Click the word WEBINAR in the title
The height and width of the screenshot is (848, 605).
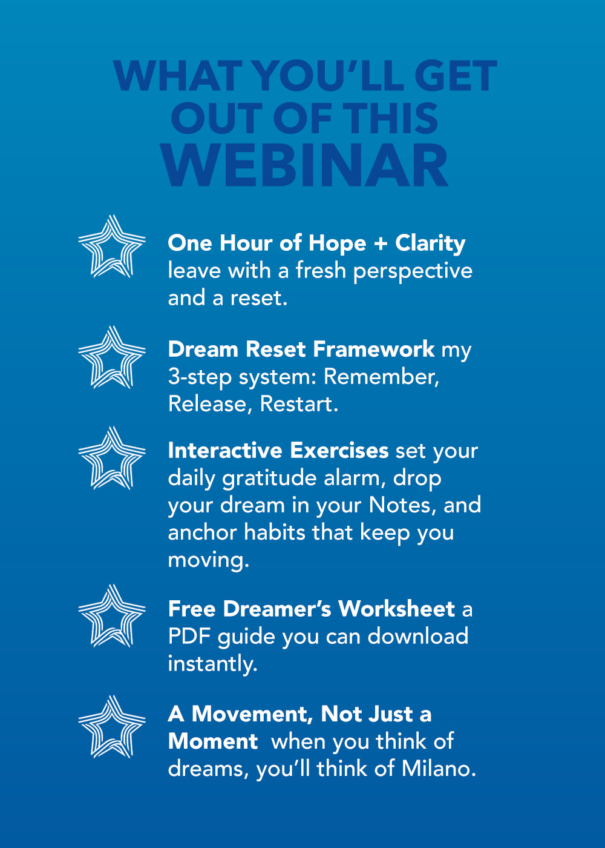point(305,165)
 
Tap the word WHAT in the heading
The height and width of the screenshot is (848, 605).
point(177,76)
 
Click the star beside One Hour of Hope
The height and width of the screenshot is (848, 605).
point(112,246)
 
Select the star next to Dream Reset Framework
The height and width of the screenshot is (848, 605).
point(112,357)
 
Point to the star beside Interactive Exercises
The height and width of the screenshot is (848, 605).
point(112,458)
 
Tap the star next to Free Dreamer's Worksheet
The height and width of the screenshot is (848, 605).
point(112,615)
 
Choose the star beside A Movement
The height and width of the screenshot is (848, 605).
point(112,726)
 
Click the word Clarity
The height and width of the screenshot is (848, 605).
point(430,244)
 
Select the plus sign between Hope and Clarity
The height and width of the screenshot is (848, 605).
point(381,244)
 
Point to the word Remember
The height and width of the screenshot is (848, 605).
point(382,377)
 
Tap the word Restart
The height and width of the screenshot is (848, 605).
point(299,404)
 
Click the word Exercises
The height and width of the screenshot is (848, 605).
point(339,451)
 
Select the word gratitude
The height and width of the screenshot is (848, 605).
point(269,479)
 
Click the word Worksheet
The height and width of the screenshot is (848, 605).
point(396,609)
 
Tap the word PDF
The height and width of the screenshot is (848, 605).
point(189,636)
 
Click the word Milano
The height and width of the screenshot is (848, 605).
point(438,769)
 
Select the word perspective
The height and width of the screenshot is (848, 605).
point(413,272)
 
